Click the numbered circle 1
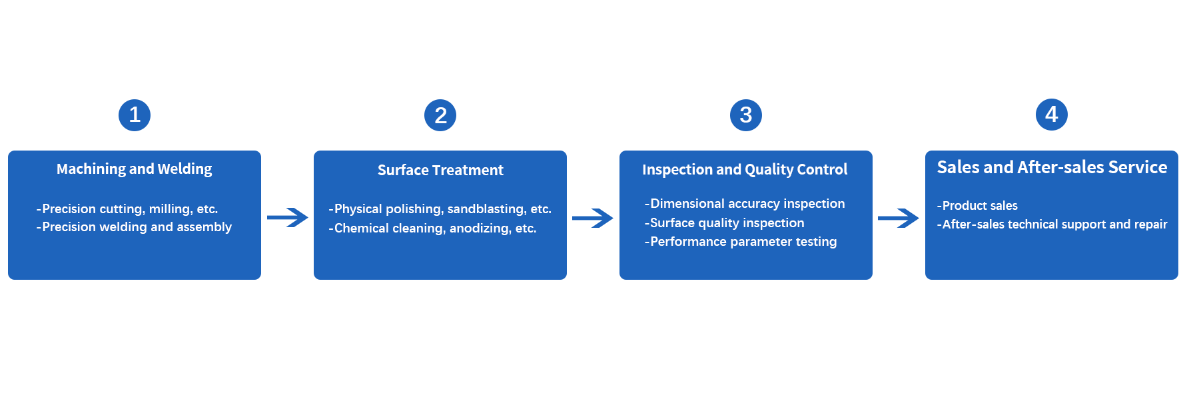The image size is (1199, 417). point(135,115)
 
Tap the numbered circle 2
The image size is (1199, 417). point(440,115)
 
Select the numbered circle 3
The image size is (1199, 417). point(746,115)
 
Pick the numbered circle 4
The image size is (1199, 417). point(1052,115)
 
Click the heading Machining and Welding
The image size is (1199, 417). point(134,169)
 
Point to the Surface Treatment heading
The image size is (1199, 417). point(440,171)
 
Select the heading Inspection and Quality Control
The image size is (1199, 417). point(745,170)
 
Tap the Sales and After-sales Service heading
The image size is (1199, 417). point(1052,167)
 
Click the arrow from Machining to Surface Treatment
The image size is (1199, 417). point(287,217)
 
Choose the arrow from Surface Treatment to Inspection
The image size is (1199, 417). point(593,218)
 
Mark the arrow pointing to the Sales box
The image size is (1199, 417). point(899,218)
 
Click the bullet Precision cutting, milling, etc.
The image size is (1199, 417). point(127,209)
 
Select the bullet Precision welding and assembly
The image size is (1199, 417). point(134,227)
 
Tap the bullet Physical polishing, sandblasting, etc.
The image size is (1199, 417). point(440,209)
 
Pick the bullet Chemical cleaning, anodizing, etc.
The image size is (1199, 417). point(432,228)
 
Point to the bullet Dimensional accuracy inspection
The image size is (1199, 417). point(745,204)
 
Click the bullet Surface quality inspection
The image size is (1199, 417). point(725,223)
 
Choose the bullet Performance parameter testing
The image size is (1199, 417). point(741,242)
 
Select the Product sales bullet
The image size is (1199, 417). point(977,206)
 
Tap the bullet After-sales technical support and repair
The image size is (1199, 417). point(1052,224)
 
